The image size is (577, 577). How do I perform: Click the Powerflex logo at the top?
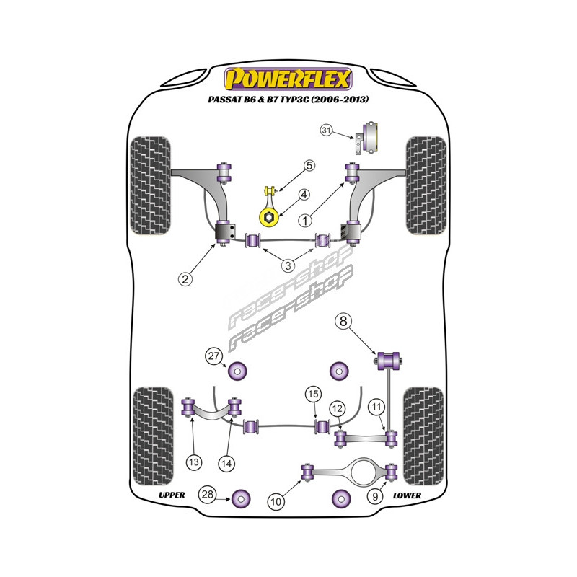(288, 76)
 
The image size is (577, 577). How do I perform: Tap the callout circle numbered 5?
(309, 166)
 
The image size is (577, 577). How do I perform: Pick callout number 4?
(304, 195)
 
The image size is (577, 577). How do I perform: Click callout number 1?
(307, 219)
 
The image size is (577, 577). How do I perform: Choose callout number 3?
(288, 265)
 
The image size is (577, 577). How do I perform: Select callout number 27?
(214, 354)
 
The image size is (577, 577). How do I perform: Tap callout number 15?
(312, 394)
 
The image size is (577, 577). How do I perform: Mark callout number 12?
(337, 409)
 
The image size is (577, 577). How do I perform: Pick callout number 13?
(194, 462)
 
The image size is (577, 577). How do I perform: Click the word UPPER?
(172, 495)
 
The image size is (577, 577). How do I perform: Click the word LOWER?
(408, 496)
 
